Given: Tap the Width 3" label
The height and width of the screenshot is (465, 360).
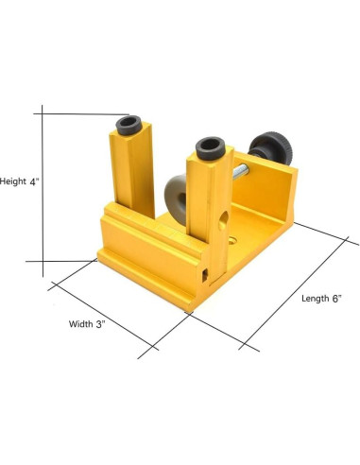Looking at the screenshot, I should [87, 323].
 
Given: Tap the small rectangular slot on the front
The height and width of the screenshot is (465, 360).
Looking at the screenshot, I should [203, 275].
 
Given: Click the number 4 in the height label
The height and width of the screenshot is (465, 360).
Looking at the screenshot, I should [34, 181].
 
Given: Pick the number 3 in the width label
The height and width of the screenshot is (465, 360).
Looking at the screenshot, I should [98, 323].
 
